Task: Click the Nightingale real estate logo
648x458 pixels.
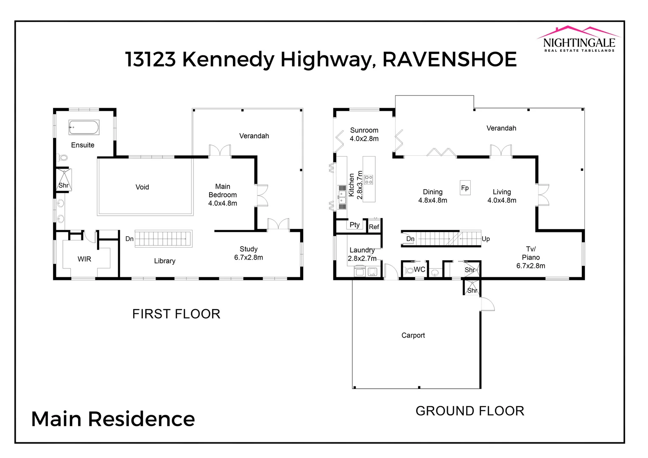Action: (579, 39)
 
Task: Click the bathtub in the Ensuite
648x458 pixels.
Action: (84, 127)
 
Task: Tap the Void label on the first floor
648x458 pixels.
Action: (142, 187)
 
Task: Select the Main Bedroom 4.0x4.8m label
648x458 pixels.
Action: (223, 195)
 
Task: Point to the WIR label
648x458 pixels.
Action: (84, 259)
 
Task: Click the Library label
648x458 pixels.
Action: (165, 261)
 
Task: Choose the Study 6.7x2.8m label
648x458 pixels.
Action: (249, 253)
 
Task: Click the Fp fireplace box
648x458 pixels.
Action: (465, 188)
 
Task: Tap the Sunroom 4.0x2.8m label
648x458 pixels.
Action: (364, 134)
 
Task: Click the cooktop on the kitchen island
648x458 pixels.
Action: (369, 179)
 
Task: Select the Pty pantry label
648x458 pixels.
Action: (355, 225)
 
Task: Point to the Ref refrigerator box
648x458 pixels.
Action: (374, 227)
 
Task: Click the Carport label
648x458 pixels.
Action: (413, 335)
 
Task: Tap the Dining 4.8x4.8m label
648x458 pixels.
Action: (433, 196)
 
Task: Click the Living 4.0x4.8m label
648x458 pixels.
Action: (502, 196)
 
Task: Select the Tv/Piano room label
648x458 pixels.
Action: (531, 257)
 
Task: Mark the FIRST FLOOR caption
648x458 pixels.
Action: (176, 314)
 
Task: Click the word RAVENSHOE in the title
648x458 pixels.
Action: (450, 59)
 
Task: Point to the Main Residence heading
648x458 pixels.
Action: (113, 419)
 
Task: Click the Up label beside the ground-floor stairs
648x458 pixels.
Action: (486, 239)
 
